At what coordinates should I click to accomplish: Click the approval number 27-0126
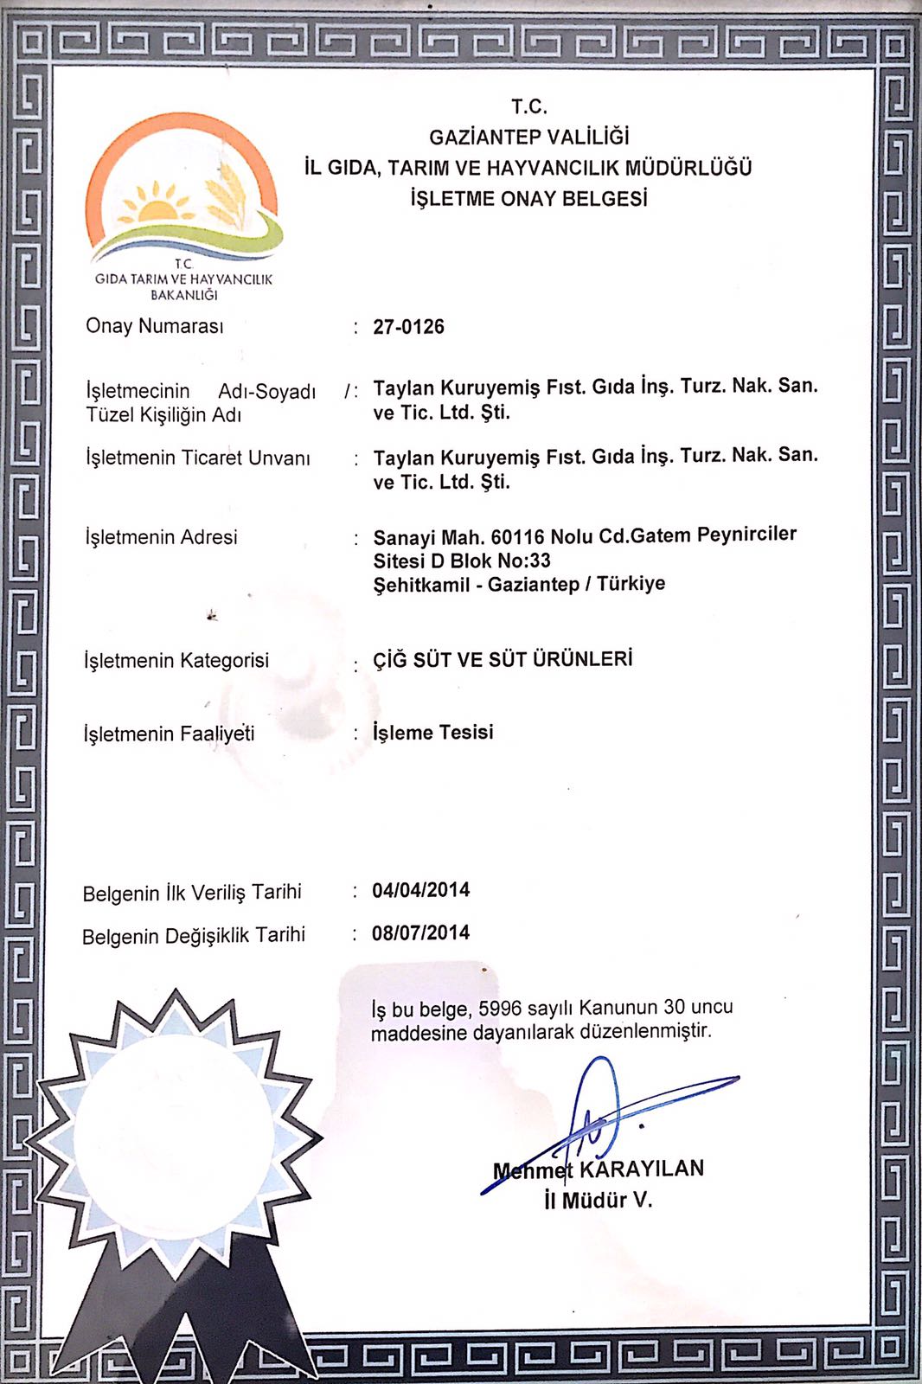[x=408, y=327]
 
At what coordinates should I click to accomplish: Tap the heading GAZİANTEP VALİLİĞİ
[x=528, y=137]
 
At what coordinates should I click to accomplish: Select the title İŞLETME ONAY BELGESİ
[x=528, y=198]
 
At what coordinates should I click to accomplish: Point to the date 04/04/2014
[x=420, y=890]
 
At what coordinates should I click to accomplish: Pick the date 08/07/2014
[x=420, y=933]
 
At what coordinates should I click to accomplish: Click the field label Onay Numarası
[x=154, y=326]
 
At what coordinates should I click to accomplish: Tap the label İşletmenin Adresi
[x=161, y=537]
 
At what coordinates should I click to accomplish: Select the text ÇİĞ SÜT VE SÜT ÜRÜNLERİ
[x=503, y=659]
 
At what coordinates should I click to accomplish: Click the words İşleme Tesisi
[x=432, y=733]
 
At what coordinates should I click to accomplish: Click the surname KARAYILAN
[x=641, y=1169]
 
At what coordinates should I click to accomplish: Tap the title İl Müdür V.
[x=598, y=1201]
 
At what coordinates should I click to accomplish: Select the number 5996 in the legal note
[x=500, y=1009]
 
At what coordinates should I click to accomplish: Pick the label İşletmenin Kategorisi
[x=176, y=661]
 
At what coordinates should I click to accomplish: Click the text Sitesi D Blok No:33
[x=462, y=561]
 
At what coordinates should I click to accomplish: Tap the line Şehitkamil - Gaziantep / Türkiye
[x=519, y=584]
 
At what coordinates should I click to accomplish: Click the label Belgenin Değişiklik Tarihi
[x=194, y=936]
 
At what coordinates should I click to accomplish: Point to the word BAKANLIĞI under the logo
[x=183, y=295]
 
